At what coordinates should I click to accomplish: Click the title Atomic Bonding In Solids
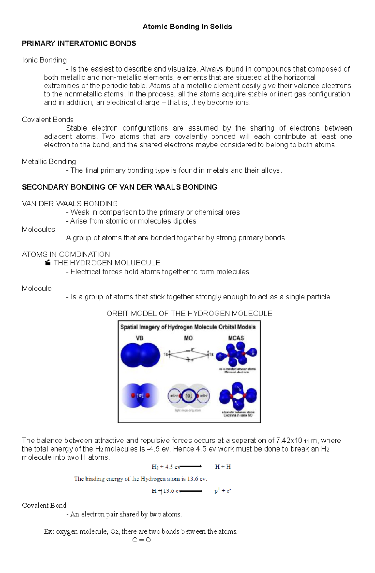tap(187, 27)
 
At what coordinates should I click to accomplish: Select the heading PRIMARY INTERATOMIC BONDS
tap(79, 43)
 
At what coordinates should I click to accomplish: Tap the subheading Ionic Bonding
tap(44, 60)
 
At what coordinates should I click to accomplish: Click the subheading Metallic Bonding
tap(49, 162)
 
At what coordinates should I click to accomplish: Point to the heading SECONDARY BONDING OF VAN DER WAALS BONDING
tap(119, 187)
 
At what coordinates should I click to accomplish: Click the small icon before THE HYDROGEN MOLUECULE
tap(47, 263)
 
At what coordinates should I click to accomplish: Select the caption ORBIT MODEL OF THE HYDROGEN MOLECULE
tap(189, 314)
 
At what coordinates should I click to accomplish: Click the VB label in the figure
tap(139, 338)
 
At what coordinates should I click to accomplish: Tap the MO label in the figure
tap(188, 338)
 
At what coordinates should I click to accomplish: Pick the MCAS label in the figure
tap(236, 338)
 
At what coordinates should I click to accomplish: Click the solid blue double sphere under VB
tap(140, 355)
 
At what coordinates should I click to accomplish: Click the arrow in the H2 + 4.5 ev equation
tap(191, 467)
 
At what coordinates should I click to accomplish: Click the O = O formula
tap(142, 540)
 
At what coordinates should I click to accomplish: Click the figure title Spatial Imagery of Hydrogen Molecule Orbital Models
tap(188, 327)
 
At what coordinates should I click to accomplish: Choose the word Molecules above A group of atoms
tap(38, 230)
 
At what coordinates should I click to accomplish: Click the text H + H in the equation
tap(222, 467)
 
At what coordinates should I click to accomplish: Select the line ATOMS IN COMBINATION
tap(66, 254)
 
